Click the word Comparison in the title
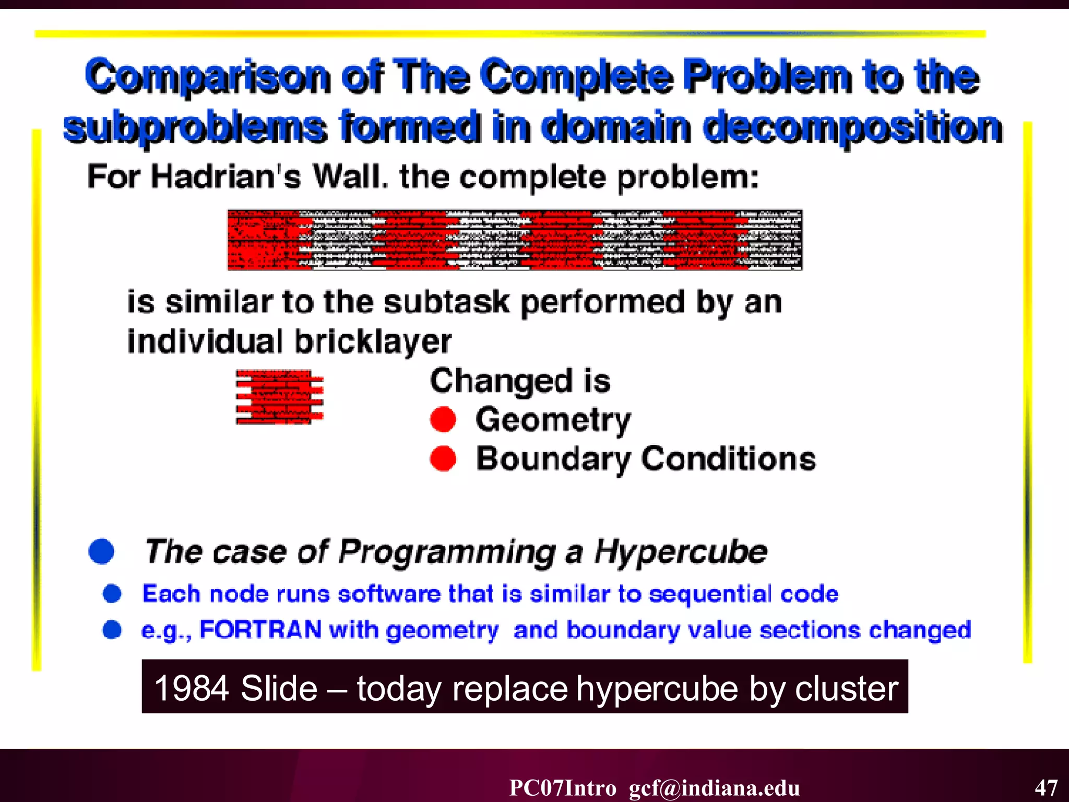208,76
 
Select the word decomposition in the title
853,127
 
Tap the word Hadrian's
225,176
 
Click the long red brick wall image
515,240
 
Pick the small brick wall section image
280,397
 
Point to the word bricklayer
373,341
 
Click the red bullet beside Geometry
443,419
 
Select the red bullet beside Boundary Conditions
443,458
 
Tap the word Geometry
553,420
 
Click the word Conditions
729,459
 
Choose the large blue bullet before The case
101,551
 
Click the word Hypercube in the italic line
681,552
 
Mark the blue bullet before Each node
112,594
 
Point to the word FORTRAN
260,630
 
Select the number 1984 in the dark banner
192,688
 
